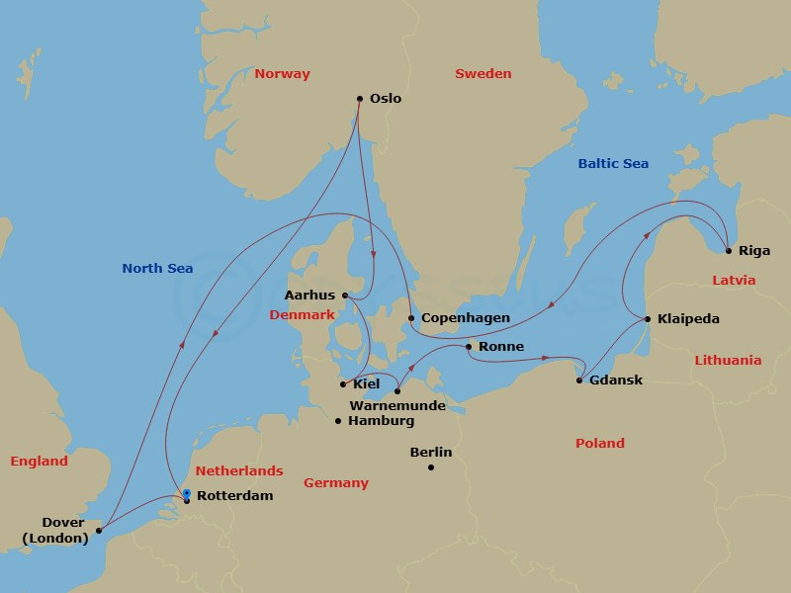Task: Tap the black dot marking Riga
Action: pos(728,250)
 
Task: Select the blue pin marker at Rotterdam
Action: pos(186,493)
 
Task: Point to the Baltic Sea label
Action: pos(613,163)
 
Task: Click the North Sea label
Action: pos(157,268)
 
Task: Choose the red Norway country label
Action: pos(282,74)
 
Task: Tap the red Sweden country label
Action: pos(483,74)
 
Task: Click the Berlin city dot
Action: pos(431,467)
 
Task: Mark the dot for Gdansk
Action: pos(579,381)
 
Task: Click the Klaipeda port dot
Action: pos(648,319)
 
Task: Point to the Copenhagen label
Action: pos(465,318)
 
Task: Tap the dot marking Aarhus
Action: pos(344,295)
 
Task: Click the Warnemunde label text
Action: pos(395,405)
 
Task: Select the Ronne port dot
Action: pos(469,347)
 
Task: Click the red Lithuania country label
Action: pos(728,361)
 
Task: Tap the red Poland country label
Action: pos(599,444)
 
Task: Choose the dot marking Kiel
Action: pos(343,384)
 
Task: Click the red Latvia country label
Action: pos(734,281)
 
